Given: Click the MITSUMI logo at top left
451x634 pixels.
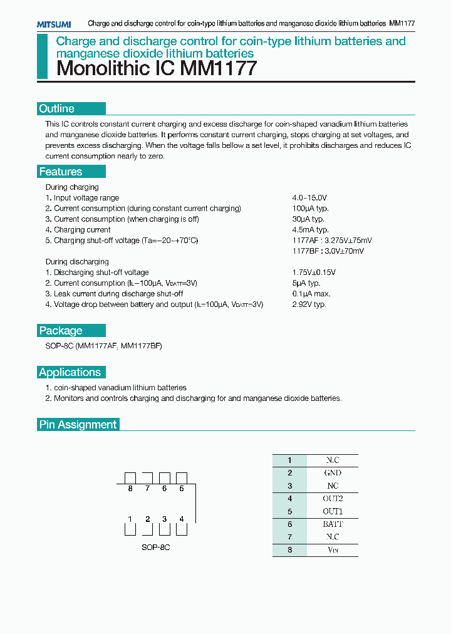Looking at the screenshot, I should pyautogui.click(x=53, y=24).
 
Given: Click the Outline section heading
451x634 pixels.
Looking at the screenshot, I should pyautogui.click(x=57, y=108).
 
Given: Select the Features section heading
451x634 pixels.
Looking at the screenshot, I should pyautogui.click(x=61, y=172).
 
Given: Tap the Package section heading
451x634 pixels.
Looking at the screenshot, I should pyautogui.click(x=61, y=331).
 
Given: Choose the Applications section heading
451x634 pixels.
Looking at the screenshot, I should pyautogui.click(x=70, y=372).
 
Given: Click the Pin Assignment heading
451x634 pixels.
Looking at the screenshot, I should pyautogui.click(x=78, y=424).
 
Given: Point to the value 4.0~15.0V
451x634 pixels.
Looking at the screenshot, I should pyautogui.click(x=309, y=197).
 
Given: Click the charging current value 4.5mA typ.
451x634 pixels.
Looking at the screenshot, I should pyautogui.click(x=310, y=230).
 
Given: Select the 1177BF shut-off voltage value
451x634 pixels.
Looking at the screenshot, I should pyautogui.click(x=328, y=251).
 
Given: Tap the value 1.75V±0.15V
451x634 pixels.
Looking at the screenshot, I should pyautogui.click(x=314, y=273).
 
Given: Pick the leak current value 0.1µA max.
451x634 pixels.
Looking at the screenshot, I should pyautogui.click(x=311, y=294).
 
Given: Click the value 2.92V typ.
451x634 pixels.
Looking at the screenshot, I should pyautogui.click(x=309, y=304).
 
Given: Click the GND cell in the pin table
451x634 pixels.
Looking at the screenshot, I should pyautogui.click(x=333, y=473).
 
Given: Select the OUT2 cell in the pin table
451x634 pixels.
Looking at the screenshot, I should pyautogui.click(x=333, y=499).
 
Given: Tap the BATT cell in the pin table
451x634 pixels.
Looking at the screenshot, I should pyautogui.click(x=333, y=524).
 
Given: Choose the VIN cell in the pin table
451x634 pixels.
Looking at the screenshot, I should pyautogui.click(x=333, y=550).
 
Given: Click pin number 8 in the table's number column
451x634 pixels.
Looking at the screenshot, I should pyautogui.click(x=290, y=550).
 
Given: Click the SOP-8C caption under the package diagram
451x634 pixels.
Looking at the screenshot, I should pyautogui.click(x=156, y=547).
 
